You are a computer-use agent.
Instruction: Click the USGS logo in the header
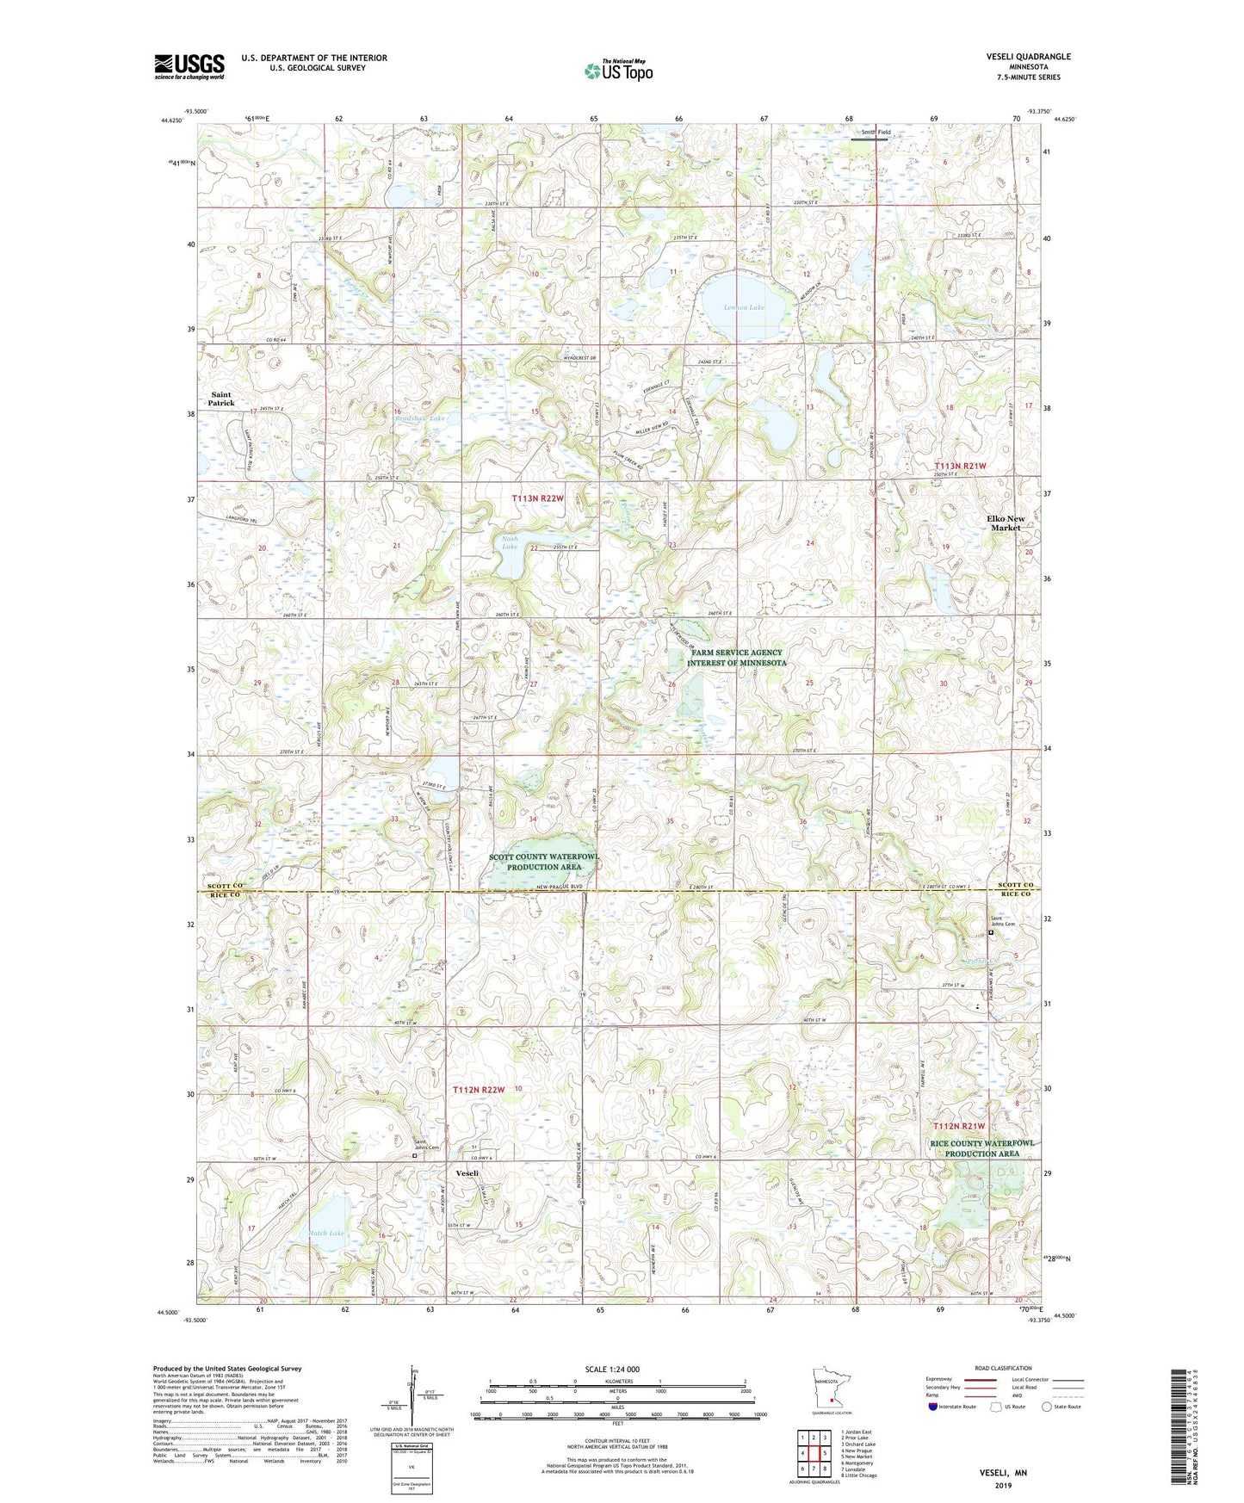pos(189,66)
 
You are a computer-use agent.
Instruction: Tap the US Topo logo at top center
pos(617,70)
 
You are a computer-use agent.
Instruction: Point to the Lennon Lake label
pos(744,307)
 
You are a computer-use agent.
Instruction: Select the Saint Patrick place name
pos(221,399)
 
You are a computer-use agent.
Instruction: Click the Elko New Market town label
pos(1005,523)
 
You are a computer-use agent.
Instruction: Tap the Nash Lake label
pos(510,542)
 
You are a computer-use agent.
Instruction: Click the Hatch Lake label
pos(326,1234)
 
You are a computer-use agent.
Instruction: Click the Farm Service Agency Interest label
pos(737,659)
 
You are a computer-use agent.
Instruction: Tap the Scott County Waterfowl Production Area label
pos(543,862)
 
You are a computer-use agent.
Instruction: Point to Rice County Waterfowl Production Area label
pos(981,1148)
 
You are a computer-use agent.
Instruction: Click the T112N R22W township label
pos(479,1090)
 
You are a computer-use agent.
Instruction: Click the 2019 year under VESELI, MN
pos(1003,1485)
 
